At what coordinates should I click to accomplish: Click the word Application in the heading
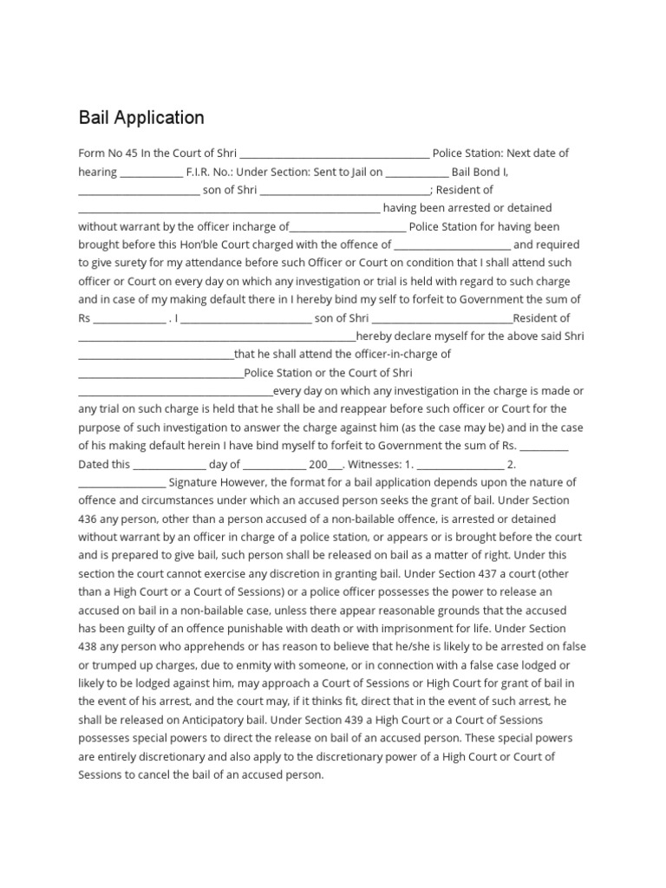point(161,117)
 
